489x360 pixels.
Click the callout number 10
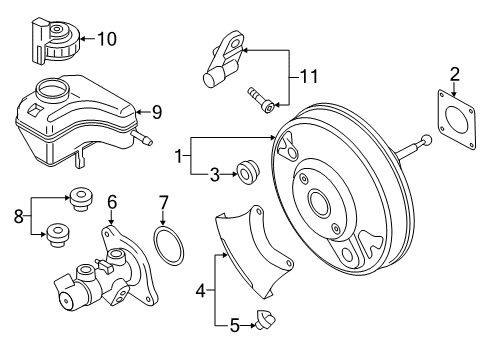[107, 39]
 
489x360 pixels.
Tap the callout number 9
[157, 112]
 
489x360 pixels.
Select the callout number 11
[309, 77]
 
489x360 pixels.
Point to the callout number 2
[455, 74]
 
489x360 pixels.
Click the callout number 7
[163, 202]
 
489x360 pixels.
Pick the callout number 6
[112, 202]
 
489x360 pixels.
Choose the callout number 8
[19, 217]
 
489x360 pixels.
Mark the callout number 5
[235, 325]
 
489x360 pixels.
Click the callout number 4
[200, 291]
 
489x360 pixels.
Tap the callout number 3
[215, 175]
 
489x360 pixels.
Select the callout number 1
[179, 156]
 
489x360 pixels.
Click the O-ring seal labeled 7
[169, 245]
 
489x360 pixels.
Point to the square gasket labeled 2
[457, 119]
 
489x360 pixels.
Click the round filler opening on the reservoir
[52, 88]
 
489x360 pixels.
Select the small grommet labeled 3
[247, 172]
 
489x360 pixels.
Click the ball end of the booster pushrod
[426, 140]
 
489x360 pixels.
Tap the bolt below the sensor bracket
[261, 100]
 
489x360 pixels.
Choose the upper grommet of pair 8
[80, 199]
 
